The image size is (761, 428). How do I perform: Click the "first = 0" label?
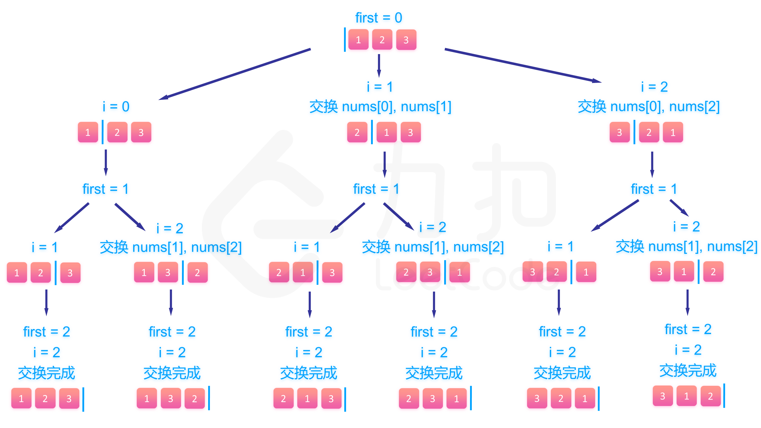point(379,18)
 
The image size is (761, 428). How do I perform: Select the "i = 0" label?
point(116,106)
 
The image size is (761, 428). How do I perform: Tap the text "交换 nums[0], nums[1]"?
point(380,106)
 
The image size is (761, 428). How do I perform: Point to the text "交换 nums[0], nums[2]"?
point(649,106)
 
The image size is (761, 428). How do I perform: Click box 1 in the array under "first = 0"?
point(359,40)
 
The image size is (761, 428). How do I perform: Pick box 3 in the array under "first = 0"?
point(406,40)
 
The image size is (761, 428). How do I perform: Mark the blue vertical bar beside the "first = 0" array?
point(345,40)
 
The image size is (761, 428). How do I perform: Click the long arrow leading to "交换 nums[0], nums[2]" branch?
point(523,65)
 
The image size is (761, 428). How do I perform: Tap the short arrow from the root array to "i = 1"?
point(379,65)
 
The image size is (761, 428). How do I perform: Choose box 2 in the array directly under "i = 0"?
point(117,132)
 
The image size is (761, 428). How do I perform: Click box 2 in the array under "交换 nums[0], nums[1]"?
point(357,132)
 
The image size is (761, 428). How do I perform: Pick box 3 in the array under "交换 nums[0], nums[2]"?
point(620,132)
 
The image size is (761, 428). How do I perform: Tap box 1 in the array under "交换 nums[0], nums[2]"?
point(673,132)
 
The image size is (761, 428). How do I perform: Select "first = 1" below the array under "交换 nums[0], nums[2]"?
point(654,189)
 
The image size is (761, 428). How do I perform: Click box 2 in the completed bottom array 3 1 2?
point(710,396)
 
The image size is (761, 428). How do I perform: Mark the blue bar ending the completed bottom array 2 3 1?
point(471,398)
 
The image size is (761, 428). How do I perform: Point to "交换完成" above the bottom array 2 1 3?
point(309,373)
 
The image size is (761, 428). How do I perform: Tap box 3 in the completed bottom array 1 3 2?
point(171,398)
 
